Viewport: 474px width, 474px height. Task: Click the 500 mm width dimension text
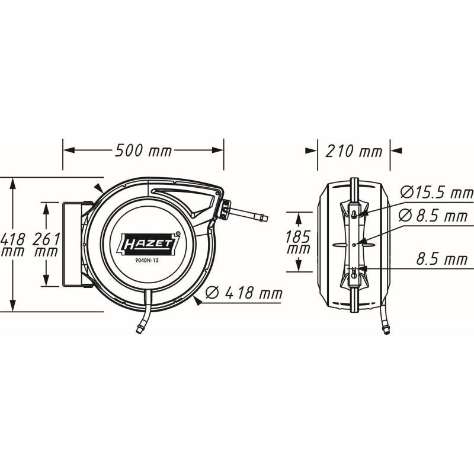[143, 150]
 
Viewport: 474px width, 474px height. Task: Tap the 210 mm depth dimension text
[354, 151]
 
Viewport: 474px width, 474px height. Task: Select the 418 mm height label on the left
[12, 244]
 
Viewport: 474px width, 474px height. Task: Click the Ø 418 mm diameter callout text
[243, 293]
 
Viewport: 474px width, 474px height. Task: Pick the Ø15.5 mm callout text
[437, 192]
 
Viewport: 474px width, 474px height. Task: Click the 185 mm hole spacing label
[298, 242]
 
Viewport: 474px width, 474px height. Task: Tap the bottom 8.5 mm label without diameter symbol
[441, 260]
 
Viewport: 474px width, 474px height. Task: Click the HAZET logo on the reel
[148, 242]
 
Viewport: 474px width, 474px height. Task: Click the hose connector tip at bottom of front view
[140, 327]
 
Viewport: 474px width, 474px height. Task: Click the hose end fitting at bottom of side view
[386, 327]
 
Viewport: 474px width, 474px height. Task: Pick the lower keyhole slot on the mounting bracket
[354, 273]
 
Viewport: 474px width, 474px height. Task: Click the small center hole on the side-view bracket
[354, 244]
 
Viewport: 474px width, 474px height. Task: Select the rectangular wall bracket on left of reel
[72, 244]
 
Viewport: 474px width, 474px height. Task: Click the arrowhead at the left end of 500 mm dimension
[67, 150]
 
